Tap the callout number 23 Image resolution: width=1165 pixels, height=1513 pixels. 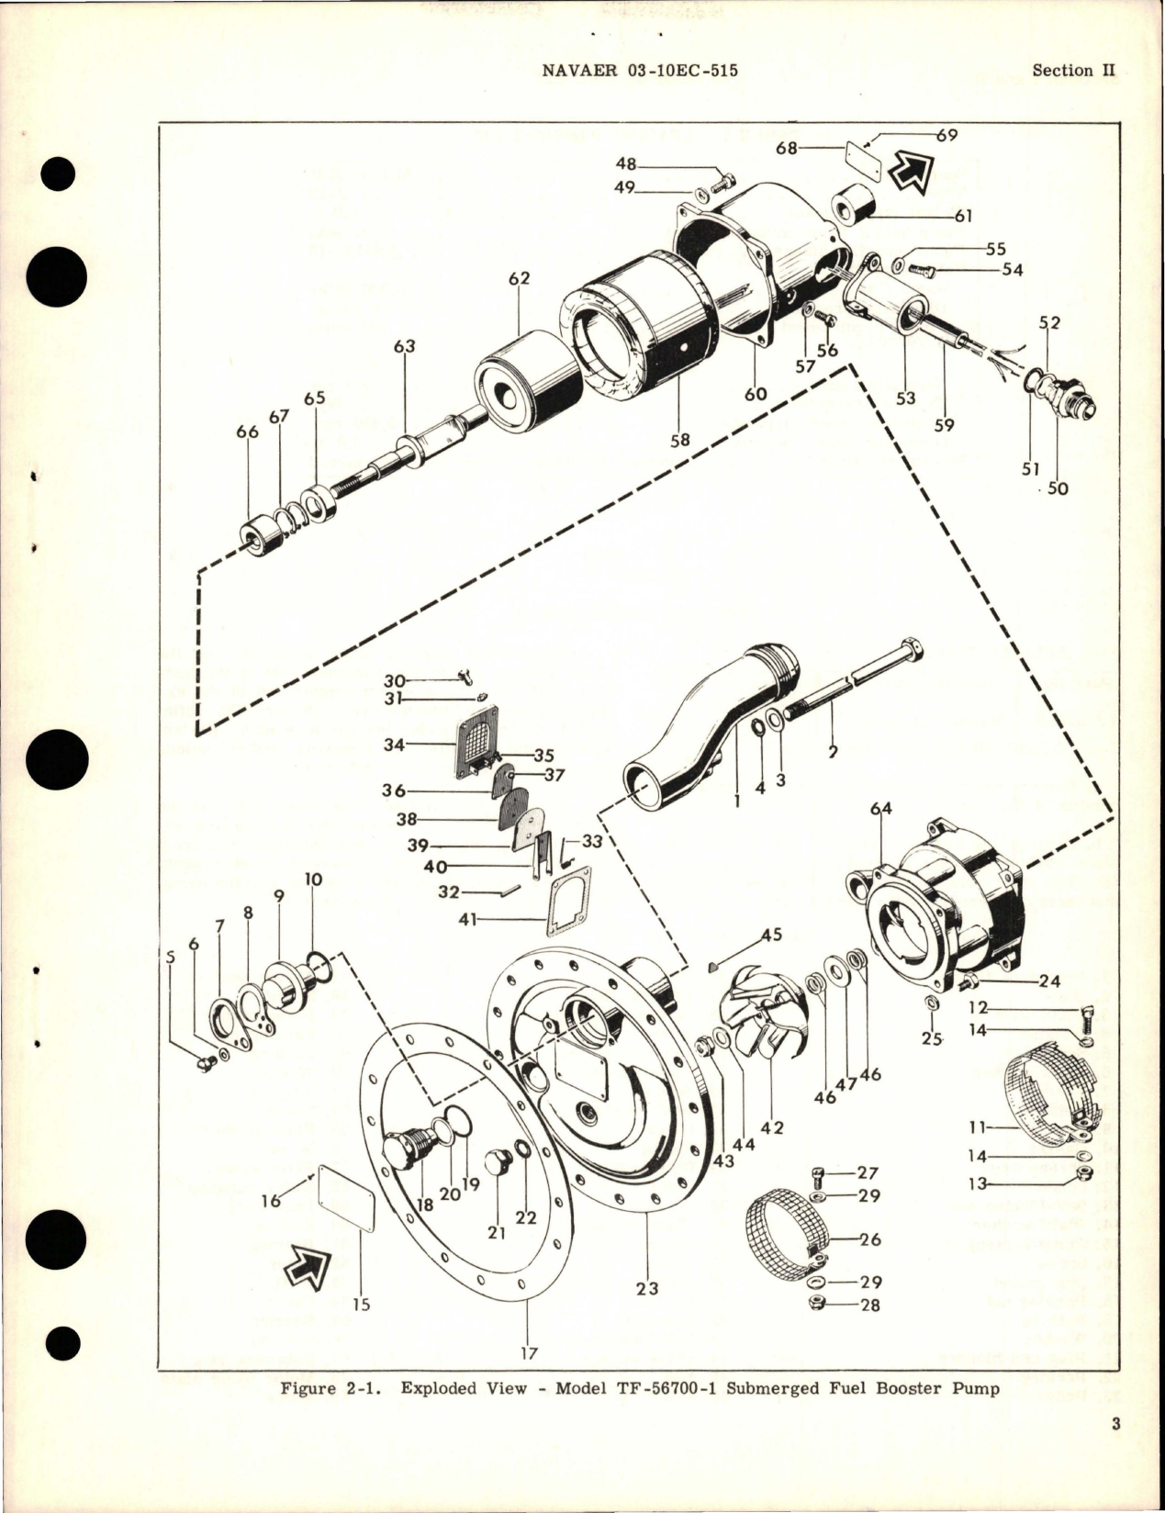[646, 1288]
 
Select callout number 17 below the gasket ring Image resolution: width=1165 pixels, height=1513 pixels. [529, 1352]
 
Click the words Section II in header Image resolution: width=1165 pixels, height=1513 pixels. [1062, 71]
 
